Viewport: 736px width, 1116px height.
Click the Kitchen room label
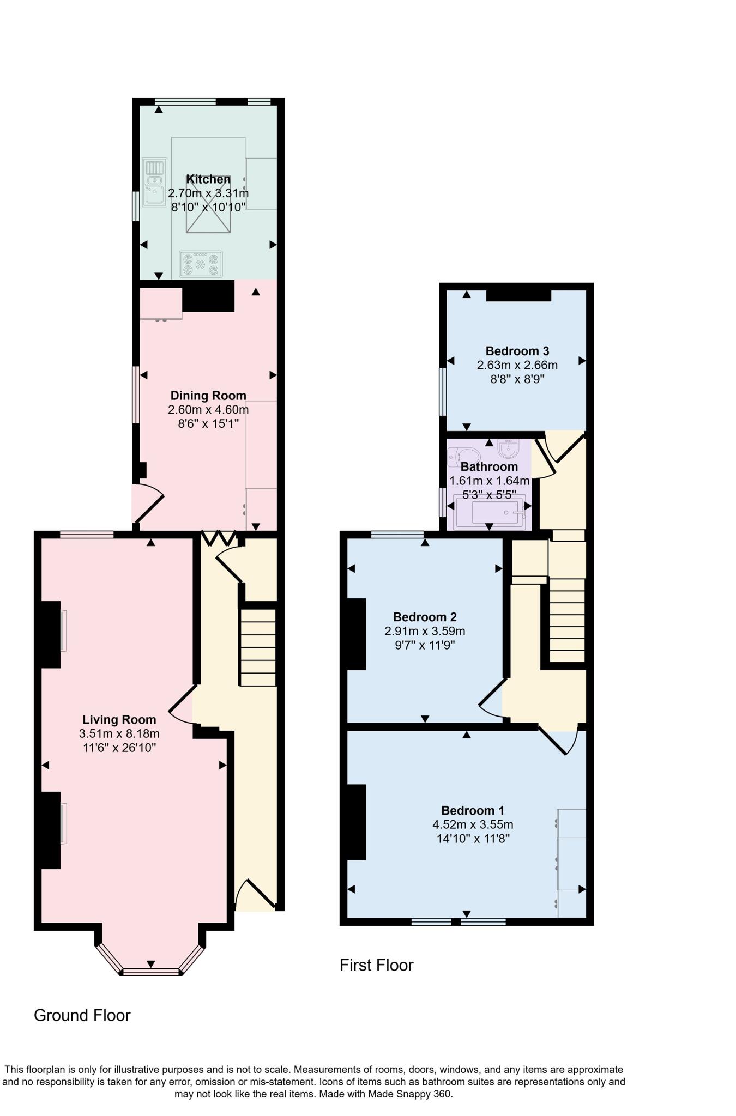[x=208, y=179]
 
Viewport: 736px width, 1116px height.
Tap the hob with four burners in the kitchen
[x=201, y=264]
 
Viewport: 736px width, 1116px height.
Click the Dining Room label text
[x=208, y=396]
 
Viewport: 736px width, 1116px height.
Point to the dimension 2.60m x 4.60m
[x=208, y=409]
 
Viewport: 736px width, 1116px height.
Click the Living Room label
[x=119, y=720]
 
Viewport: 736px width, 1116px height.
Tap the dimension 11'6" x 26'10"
[x=119, y=748]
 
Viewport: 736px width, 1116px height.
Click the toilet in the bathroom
[x=462, y=456]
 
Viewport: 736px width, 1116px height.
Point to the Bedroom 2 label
[x=425, y=617]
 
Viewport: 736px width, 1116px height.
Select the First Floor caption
[x=376, y=965]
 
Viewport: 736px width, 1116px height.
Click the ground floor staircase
[x=258, y=647]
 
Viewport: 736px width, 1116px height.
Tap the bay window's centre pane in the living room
[x=151, y=971]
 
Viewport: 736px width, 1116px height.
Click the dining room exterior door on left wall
[x=147, y=504]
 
